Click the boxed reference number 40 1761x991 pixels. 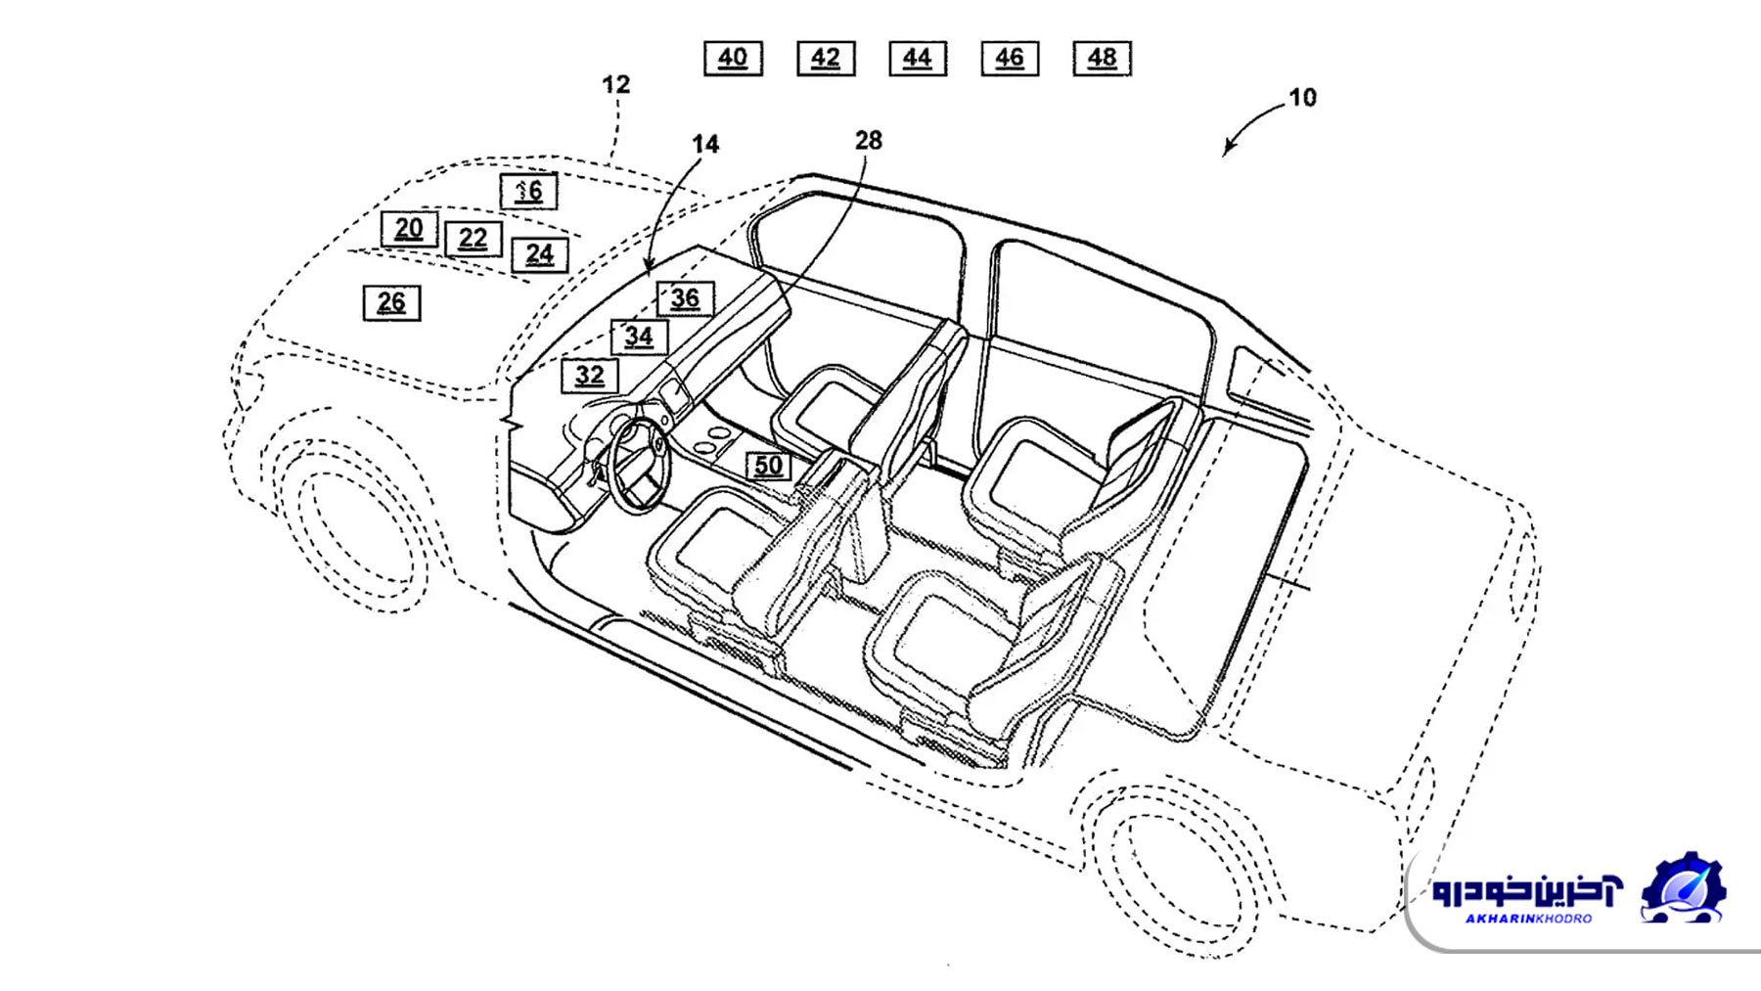tap(733, 58)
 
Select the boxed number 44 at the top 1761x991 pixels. tap(918, 58)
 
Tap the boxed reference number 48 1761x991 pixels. tap(1103, 58)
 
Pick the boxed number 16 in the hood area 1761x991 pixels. tap(529, 191)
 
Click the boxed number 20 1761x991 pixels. tap(409, 229)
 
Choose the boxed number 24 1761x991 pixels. tap(540, 255)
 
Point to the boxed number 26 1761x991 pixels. tap(391, 303)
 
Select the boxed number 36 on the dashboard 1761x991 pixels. tap(685, 298)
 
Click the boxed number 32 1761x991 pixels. tap(590, 376)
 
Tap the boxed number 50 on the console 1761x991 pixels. tap(769, 466)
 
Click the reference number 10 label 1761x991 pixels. tap(1302, 98)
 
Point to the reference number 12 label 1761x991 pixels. tap(615, 85)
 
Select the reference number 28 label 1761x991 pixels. tap(868, 141)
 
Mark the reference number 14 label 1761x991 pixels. tap(705, 145)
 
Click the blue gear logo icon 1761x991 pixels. tap(1683, 888)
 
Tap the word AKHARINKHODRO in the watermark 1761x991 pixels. tap(1528, 919)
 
